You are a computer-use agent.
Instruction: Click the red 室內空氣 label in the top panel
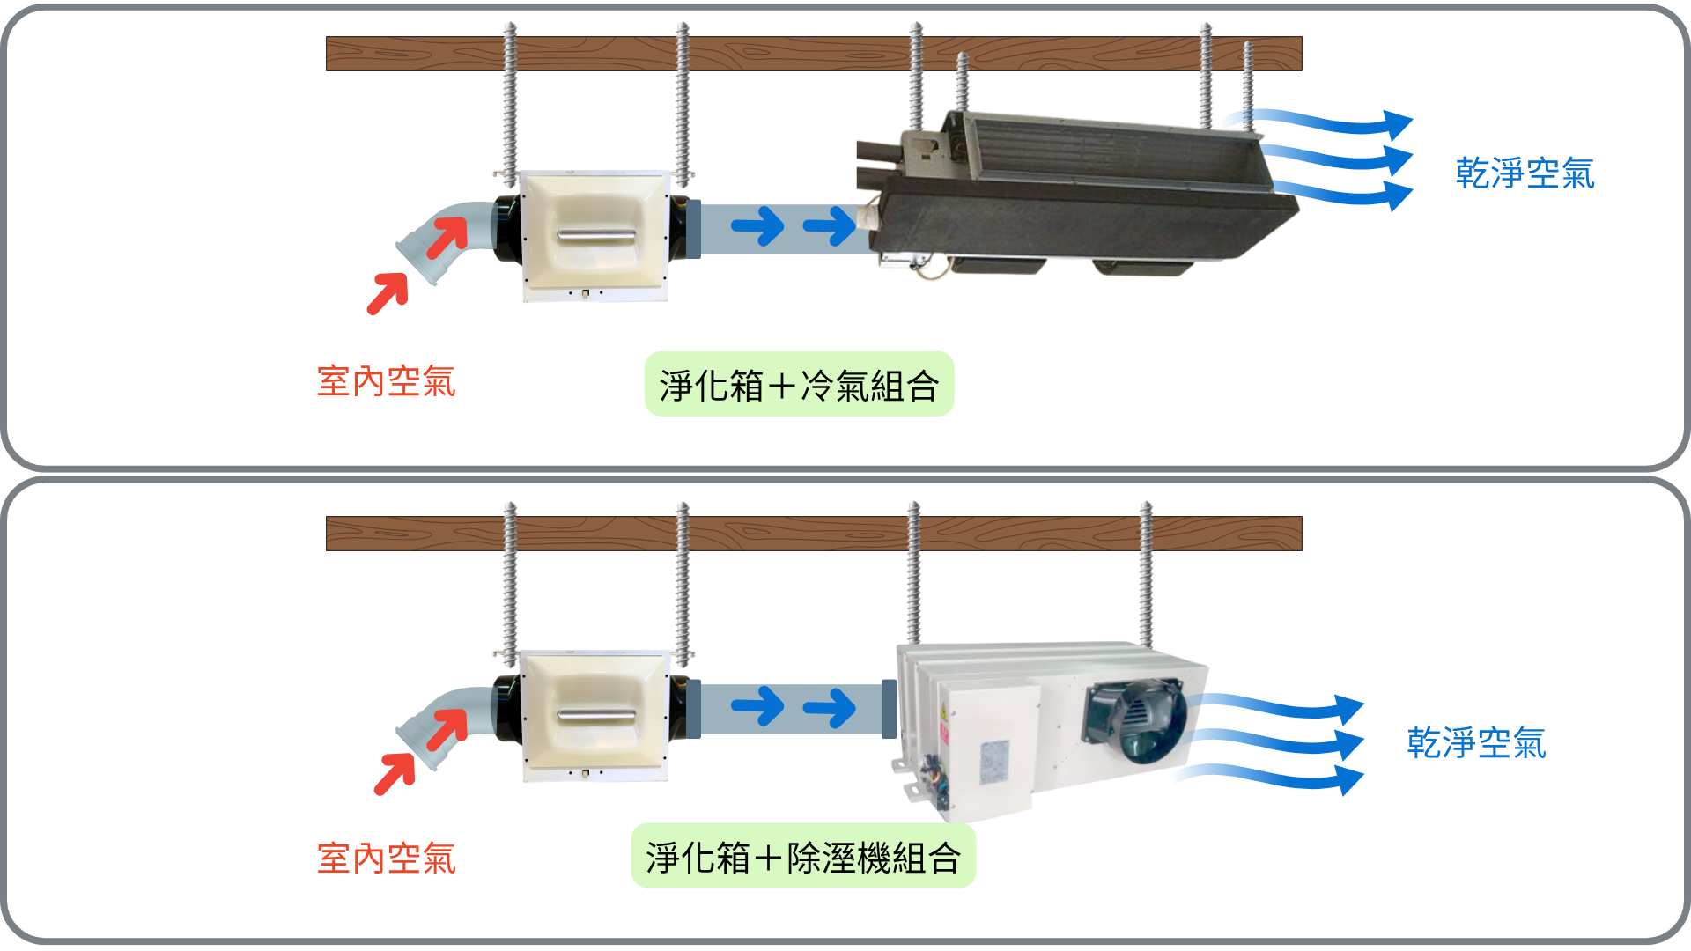pos(386,382)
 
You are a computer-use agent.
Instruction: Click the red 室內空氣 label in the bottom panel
pos(386,859)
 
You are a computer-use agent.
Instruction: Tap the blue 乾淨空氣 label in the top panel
pos(1525,173)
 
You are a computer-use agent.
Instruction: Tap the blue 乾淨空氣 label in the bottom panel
pos(1476,743)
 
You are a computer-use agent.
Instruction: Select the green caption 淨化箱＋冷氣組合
pos(799,385)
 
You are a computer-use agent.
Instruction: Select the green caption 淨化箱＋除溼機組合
pos(803,857)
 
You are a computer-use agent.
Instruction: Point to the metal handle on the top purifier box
pos(596,236)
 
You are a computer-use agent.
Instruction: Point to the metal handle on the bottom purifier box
pos(596,715)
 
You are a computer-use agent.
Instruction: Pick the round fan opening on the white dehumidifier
pos(1136,722)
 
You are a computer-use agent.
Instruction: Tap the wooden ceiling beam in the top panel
pos(813,54)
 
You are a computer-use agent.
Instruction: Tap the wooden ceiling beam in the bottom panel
pos(813,534)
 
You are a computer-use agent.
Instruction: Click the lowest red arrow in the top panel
pos(388,292)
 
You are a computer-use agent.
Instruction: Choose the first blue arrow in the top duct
pos(757,226)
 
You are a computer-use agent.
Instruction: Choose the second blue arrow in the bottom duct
pos(830,707)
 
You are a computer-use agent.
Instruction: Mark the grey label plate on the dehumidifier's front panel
pos(994,762)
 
